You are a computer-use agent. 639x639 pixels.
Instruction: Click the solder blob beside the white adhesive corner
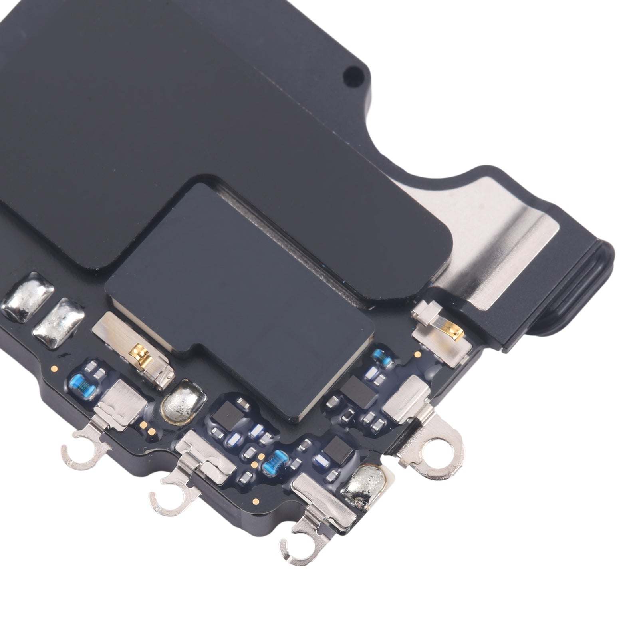pyautogui.click(x=369, y=490)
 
